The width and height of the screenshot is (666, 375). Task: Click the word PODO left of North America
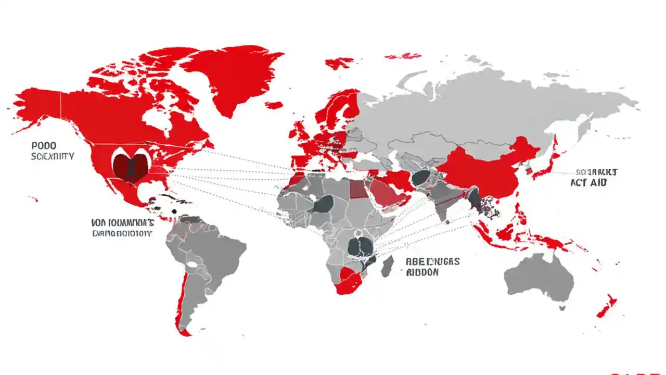click(44, 146)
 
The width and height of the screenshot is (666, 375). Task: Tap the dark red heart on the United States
click(131, 166)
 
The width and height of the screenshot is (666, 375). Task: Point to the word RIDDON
click(422, 272)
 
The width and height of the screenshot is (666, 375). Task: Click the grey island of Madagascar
click(388, 266)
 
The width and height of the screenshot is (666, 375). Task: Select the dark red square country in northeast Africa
click(358, 191)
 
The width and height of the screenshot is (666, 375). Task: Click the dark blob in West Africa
click(323, 204)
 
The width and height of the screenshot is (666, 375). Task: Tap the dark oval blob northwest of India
click(420, 178)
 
